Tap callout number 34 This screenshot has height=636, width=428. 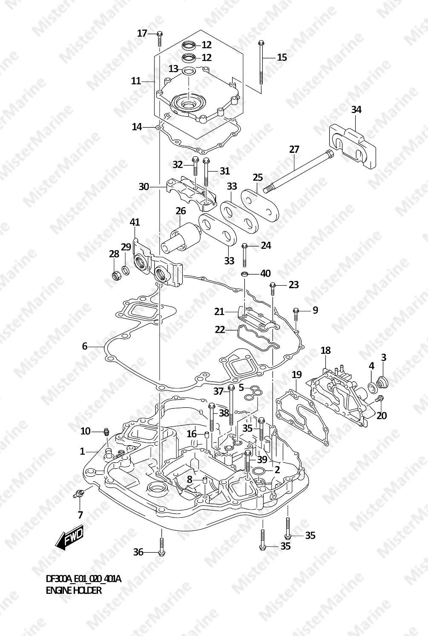coord(356,109)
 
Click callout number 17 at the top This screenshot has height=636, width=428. coord(142,33)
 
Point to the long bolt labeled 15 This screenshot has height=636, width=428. coord(261,64)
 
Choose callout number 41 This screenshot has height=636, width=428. coord(135,222)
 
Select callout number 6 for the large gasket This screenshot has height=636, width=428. coord(84,346)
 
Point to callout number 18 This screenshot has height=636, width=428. coord(325,350)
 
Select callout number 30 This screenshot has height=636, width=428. coord(144,186)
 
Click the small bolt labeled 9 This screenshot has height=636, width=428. coord(296,315)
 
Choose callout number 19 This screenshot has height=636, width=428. coord(296,375)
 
